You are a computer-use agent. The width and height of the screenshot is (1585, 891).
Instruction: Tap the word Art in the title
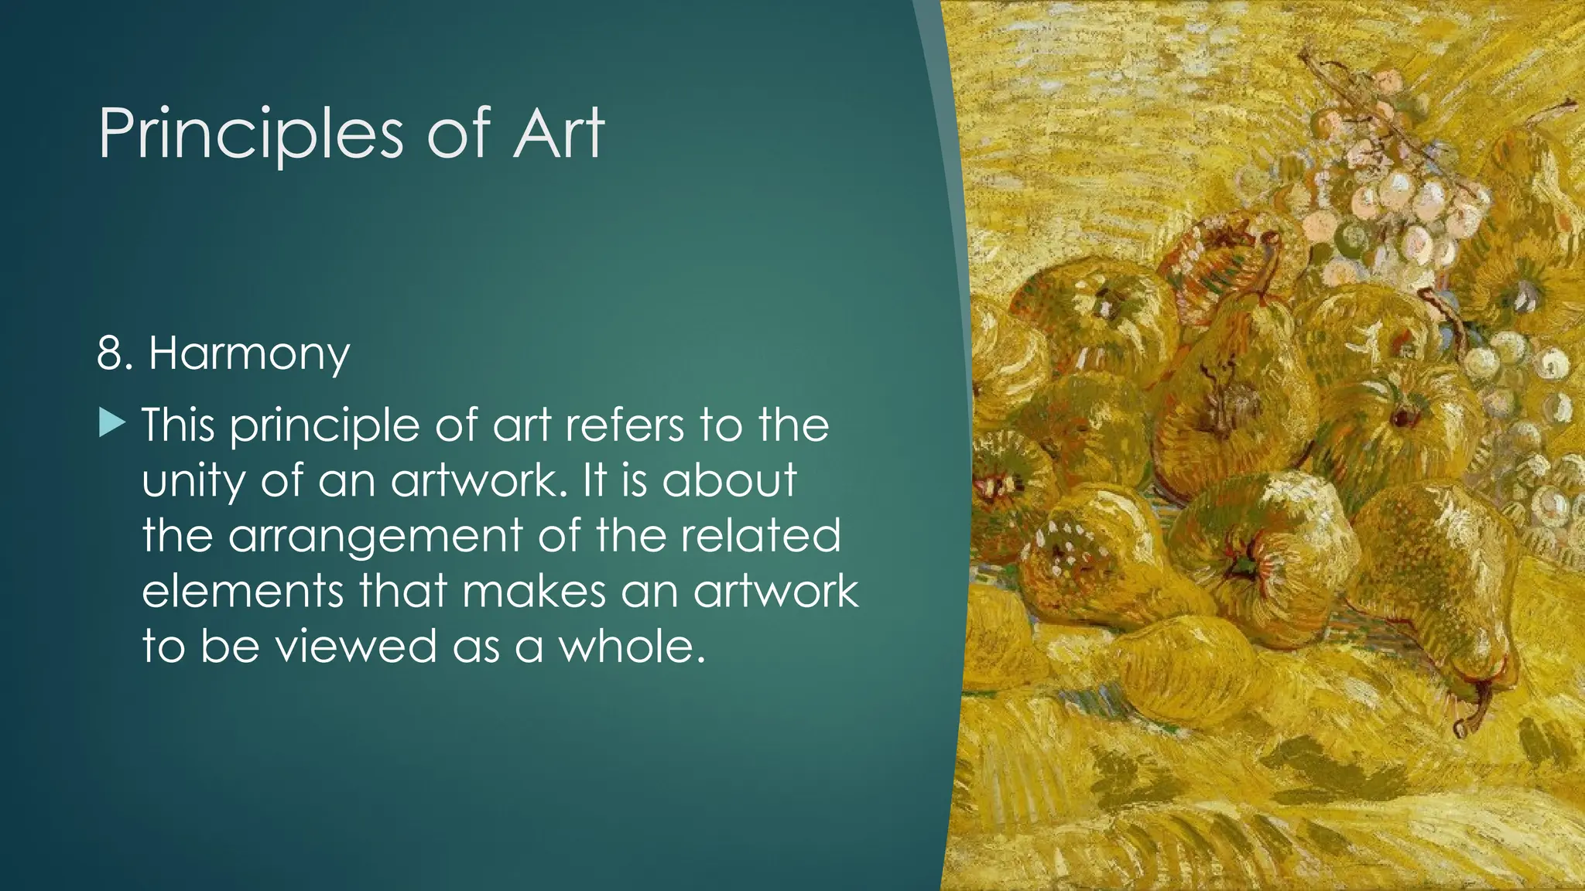(x=557, y=134)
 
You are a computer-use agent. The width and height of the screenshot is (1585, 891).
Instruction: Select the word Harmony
(x=248, y=354)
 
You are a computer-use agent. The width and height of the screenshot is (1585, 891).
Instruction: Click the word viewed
(x=356, y=646)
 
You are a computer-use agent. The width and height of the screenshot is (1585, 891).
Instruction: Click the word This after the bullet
(x=178, y=425)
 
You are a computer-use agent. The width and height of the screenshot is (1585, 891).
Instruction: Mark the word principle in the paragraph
(x=324, y=426)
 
